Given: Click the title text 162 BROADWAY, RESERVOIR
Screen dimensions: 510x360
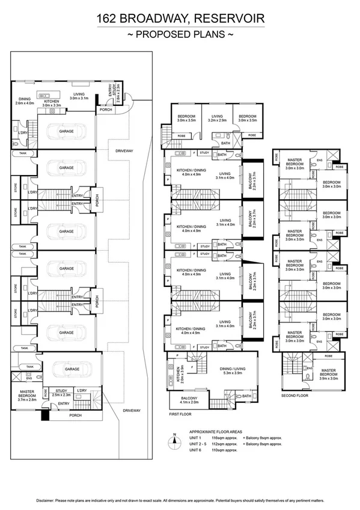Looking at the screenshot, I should coord(180,20).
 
